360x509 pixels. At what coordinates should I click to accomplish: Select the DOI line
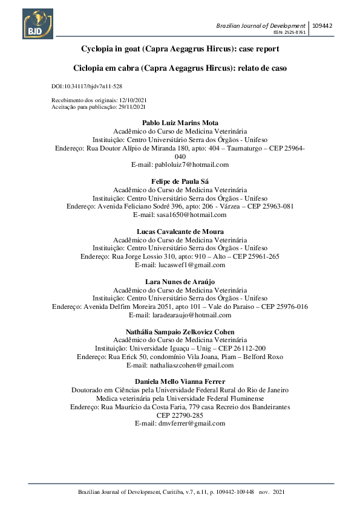(87, 86)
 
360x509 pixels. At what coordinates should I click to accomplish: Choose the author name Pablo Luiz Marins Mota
(180, 123)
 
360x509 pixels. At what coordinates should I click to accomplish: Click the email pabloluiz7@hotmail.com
(180, 164)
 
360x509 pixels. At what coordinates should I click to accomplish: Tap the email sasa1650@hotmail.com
(180, 215)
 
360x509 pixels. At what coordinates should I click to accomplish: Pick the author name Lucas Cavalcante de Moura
(180, 232)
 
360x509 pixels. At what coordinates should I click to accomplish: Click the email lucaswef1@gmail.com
(180, 265)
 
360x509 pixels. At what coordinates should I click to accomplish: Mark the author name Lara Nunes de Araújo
(180, 282)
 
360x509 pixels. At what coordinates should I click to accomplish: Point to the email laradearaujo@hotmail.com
(180, 315)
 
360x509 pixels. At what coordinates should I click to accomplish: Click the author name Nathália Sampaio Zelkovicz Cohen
(180, 332)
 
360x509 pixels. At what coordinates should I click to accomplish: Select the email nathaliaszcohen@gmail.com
(180, 365)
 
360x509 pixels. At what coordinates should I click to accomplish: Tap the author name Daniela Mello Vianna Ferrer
(180, 382)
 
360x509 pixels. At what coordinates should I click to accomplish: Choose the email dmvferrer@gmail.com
(180, 424)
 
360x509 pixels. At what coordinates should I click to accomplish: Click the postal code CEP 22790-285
(180, 416)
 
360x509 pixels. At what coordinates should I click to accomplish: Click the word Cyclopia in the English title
(99, 48)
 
